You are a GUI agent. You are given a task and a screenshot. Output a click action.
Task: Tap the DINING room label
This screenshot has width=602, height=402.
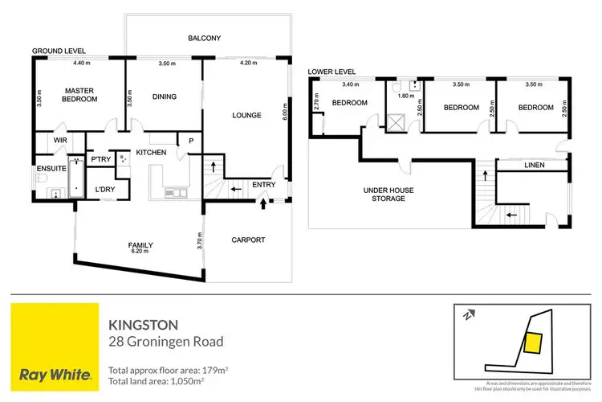coord(164,97)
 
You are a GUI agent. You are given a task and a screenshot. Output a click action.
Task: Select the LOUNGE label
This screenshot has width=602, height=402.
coord(246,115)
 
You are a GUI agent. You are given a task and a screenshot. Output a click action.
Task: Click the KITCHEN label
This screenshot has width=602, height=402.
coord(151,152)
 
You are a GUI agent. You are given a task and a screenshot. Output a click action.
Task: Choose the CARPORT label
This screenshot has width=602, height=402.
coord(248,240)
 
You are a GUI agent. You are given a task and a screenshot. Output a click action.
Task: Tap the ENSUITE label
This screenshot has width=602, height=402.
coord(51,169)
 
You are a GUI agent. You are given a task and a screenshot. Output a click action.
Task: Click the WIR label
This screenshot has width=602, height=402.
coord(61,141)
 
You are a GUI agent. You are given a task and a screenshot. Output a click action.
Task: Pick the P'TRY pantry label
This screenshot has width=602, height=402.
coord(100,159)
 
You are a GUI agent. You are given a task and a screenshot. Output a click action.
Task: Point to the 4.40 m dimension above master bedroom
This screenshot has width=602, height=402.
coord(81,64)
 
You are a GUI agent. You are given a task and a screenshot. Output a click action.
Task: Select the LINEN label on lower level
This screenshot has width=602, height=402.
coord(535,165)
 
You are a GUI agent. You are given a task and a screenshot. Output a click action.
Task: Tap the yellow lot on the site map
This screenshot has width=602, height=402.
coord(531,344)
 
